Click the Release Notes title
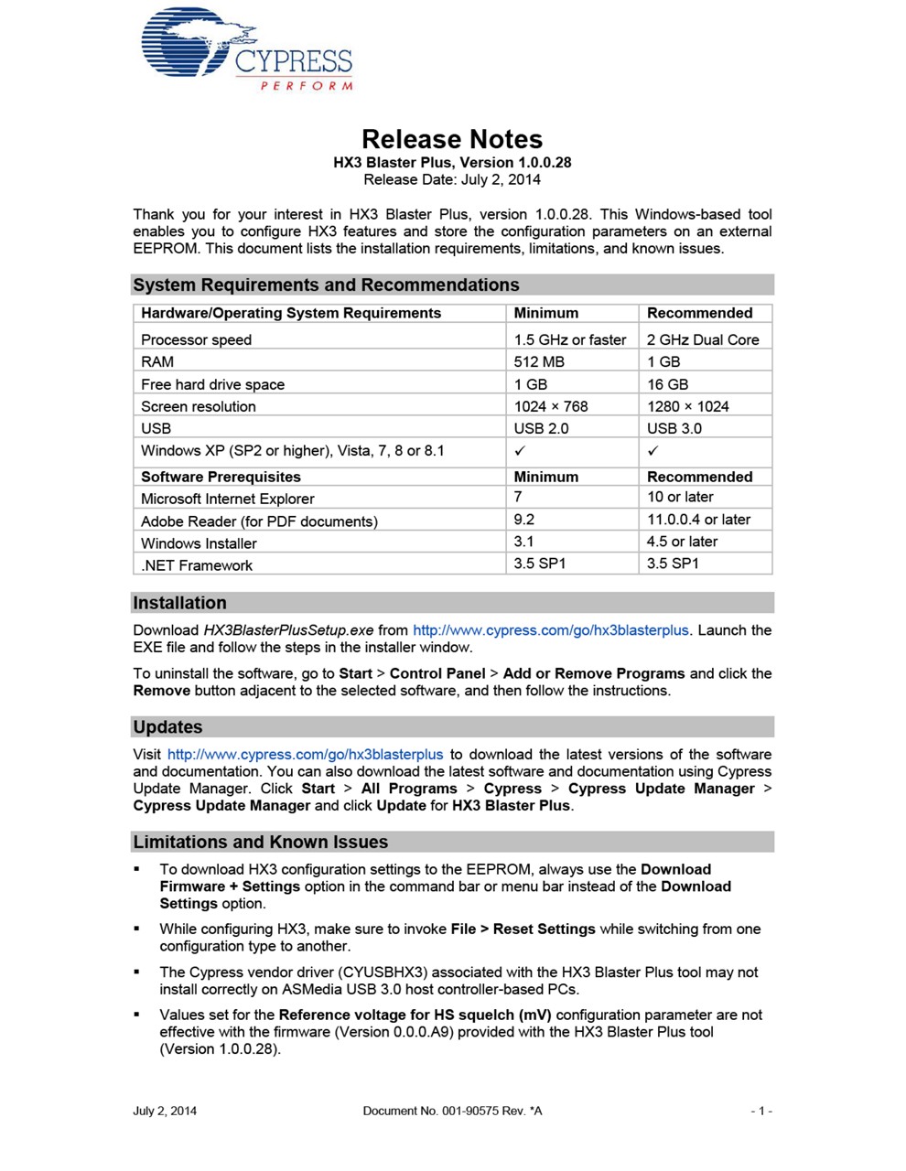pyautogui.click(x=452, y=139)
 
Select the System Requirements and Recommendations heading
pyautogui.click(x=326, y=285)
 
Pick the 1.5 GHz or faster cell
pyautogui.click(x=570, y=339)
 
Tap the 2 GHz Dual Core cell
pyautogui.click(x=703, y=339)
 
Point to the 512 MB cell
pyautogui.click(x=539, y=361)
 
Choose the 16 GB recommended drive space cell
pyautogui.click(x=667, y=384)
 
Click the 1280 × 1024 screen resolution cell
pyautogui.click(x=687, y=406)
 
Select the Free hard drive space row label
pyautogui.click(x=212, y=384)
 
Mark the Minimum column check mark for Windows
pyautogui.click(x=520, y=451)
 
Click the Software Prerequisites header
pyautogui.click(x=221, y=477)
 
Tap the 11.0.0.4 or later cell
pyautogui.click(x=698, y=520)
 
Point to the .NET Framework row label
pyautogui.click(x=197, y=565)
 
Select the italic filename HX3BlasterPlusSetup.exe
pyautogui.click(x=288, y=630)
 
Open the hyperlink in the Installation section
pyautogui.click(x=550, y=630)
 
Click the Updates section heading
pyautogui.click(x=167, y=727)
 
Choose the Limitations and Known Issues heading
pyautogui.click(x=260, y=842)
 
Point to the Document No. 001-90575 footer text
pyautogui.click(x=452, y=1111)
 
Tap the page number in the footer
pyautogui.click(x=761, y=1111)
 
